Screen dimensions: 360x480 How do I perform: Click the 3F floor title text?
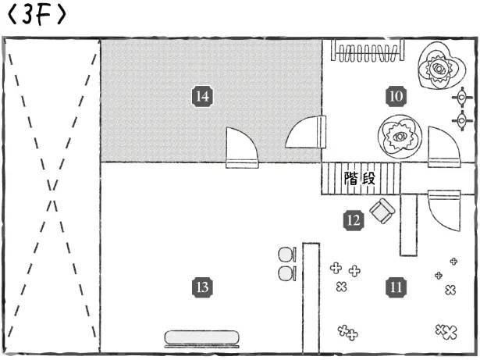tap(34, 16)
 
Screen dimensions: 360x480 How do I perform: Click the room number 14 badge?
tap(202, 96)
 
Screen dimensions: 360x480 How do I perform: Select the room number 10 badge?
tap(396, 96)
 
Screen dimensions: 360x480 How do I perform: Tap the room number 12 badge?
tap(353, 219)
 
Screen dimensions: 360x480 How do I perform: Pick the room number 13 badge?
tap(202, 287)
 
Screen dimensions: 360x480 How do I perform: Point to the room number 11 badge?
tap(396, 287)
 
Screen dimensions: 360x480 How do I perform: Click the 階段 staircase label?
tap(360, 179)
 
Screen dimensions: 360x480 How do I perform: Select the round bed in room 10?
tap(400, 137)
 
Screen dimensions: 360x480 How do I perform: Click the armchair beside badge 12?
tap(382, 211)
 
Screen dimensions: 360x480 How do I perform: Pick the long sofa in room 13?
tap(202, 337)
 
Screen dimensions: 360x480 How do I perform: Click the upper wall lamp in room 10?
tap(463, 97)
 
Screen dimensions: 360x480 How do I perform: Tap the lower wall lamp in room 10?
tap(463, 120)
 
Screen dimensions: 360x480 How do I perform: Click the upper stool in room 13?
tap(286, 255)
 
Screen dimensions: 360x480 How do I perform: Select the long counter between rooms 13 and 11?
tap(311, 297)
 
